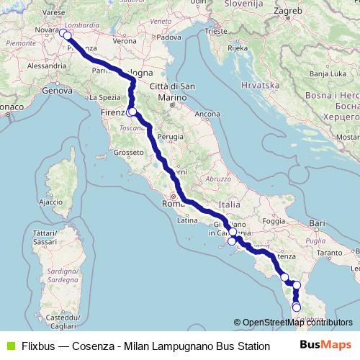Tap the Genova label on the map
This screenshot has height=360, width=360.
[54, 91]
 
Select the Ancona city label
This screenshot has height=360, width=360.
[207, 114]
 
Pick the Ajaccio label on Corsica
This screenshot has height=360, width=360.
[50, 202]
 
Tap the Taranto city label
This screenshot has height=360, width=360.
[328, 253]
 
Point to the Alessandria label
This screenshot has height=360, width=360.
[46, 66]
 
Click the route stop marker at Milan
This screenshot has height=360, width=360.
[67, 35]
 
